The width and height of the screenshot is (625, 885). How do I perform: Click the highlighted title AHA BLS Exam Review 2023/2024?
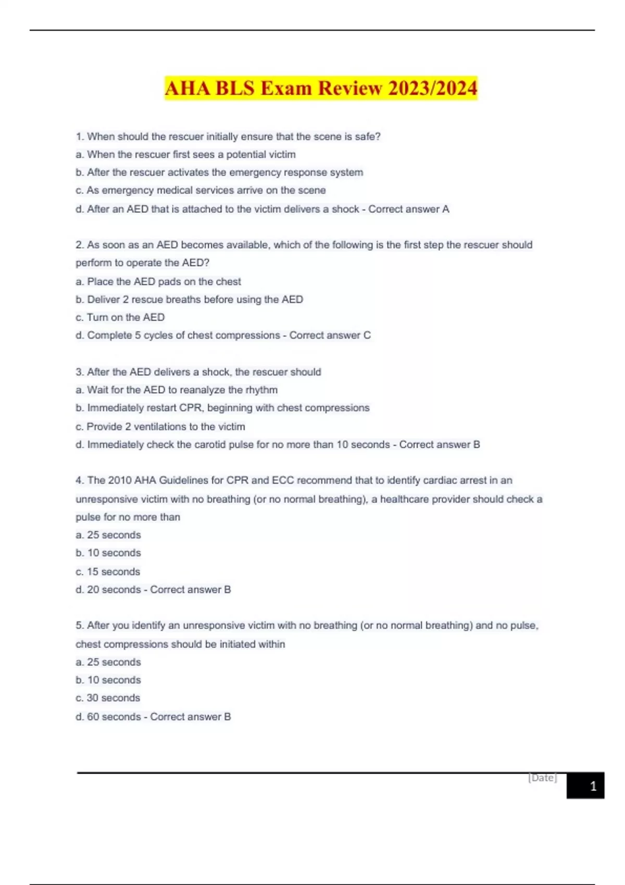pyautogui.click(x=321, y=88)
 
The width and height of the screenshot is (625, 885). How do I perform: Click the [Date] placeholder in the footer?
pyautogui.click(x=543, y=778)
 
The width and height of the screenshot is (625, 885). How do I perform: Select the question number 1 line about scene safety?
pyautogui.click(x=228, y=136)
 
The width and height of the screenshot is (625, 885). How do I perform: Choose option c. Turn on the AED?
pyautogui.click(x=120, y=317)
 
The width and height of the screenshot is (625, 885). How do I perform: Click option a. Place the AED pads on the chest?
pyautogui.click(x=158, y=282)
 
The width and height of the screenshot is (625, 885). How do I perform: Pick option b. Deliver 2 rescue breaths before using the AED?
pyautogui.click(x=190, y=299)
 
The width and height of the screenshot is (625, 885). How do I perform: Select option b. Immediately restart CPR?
pyautogui.click(x=222, y=408)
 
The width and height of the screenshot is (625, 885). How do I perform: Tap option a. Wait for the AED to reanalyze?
pyautogui.click(x=177, y=390)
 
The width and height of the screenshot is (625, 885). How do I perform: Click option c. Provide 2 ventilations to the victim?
pyautogui.click(x=160, y=426)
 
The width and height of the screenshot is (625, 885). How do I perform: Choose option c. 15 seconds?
pyautogui.click(x=108, y=572)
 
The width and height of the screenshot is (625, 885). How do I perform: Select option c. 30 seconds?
pyautogui.click(x=108, y=698)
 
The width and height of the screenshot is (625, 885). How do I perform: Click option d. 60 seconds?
pyautogui.click(x=108, y=716)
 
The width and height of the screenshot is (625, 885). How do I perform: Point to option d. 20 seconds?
pyautogui.click(x=108, y=589)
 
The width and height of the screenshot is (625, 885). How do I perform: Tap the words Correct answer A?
pyautogui.click(x=409, y=209)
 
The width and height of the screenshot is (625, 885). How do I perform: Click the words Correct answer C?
pyautogui.click(x=330, y=335)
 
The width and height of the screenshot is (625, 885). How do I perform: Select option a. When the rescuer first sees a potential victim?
pyautogui.click(x=186, y=155)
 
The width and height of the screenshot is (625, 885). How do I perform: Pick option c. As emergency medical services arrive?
pyautogui.click(x=201, y=191)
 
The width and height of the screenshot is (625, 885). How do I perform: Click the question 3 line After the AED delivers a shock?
pyautogui.click(x=198, y=372)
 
